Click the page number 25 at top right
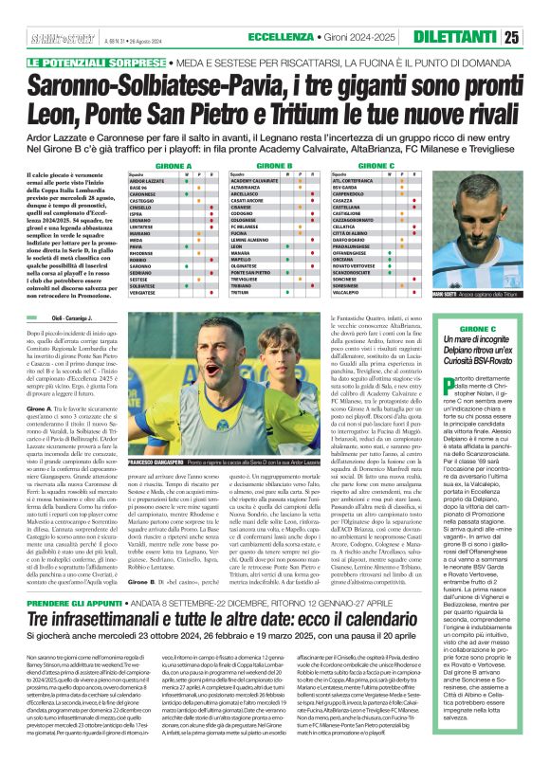tap(537, 37)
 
